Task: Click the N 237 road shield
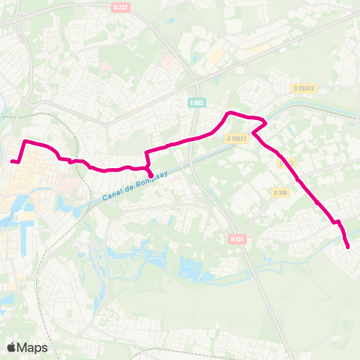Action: (x=119, y=7)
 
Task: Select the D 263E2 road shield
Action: (x=304, y=88)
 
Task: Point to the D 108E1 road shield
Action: (x=237, y=138)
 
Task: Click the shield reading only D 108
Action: (x=281, y=193)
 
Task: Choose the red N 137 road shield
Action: (x=237, y=238)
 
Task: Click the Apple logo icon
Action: (x=13, y=347)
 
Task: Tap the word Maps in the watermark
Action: (x=33, y=347)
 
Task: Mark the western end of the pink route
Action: (x=12, y=160)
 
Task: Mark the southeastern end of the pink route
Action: (x=348, y=247)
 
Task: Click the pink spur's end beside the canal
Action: (x=151, y=176)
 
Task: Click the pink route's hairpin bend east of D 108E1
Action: (x=265, y=123)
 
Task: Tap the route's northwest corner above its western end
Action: (x=26, y=141)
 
